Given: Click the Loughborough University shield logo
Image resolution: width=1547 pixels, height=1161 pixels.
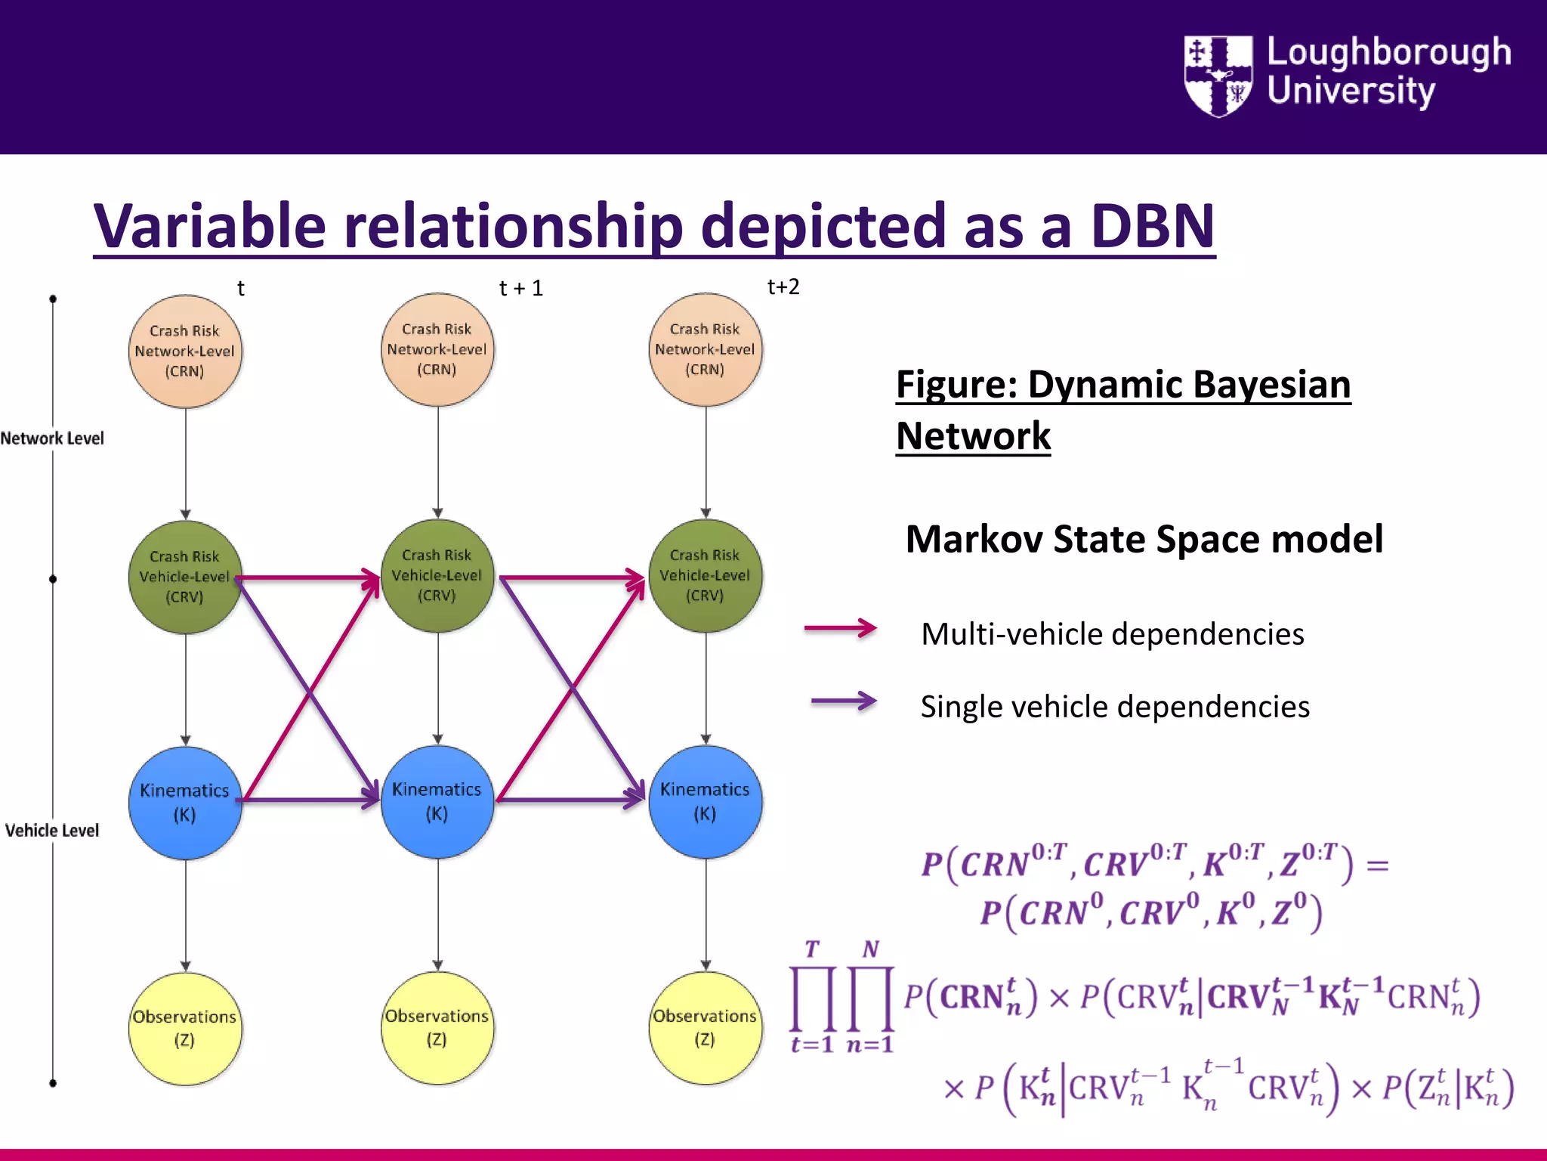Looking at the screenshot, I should pyautogui.click(x=1218, y=76).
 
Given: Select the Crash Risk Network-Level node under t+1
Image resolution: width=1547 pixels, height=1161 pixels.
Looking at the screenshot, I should pyautogui.click(x=437, y=349).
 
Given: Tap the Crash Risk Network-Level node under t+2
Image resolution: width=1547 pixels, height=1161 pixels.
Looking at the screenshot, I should pyautogui.click(x=705, y=349).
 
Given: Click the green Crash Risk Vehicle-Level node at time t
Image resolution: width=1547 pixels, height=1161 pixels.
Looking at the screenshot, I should pyautogui.click(x=185, y=577).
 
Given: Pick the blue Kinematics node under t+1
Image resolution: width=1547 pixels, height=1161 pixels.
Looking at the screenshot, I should pyautogui.click(x=437, y=801).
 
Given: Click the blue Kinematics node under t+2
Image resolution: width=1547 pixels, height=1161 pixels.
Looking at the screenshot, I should pyautogui.click(x=705, y=801).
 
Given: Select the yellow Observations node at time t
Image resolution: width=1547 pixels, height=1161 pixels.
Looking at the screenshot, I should pyautogui.click(x=185, y=1028).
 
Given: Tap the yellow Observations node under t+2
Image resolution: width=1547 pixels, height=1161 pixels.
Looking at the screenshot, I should pyautogui.click(x=705, y=1028).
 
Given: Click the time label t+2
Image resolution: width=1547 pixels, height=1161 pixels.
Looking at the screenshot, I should pyautogui.click(x=783, y=287).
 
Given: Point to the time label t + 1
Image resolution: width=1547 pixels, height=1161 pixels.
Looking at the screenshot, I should pyautogui.click(x=521, y=288).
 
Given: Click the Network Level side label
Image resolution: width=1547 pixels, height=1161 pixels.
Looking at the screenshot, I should pyautogui.click(x=52, y=438).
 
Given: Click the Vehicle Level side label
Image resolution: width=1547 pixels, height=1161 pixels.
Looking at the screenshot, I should pyautogui.click(x=52, y=830).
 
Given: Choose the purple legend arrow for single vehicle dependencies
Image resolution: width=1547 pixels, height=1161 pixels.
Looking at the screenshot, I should pyautogui.click(x=843, y=701).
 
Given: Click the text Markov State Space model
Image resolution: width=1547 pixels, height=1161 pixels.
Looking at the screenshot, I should pyautogui.click(x=1144, y=540).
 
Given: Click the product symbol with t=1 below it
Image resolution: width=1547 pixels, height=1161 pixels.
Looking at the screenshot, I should pyautogui.click(x=813, y=998).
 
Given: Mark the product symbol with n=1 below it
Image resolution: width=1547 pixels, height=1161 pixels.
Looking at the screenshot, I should pyautogui.click(x=871, y=998).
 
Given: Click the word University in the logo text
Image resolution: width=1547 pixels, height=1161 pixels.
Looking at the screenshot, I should pyautogui.click(x=1351, y=91).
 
